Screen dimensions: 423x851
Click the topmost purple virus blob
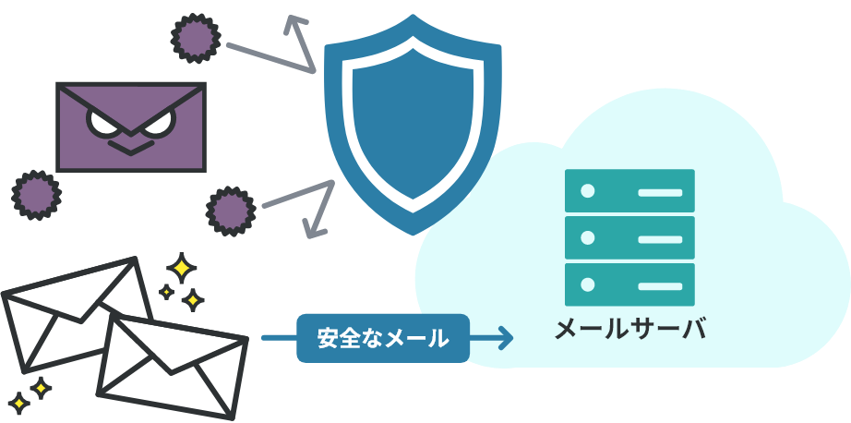point(196,39)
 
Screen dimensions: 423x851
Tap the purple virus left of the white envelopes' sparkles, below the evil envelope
point(36,194)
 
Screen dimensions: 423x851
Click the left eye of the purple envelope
point(101,121)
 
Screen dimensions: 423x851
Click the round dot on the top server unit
point(585,192)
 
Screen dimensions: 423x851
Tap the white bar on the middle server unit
point(659,238)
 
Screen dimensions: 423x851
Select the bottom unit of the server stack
point(629,284)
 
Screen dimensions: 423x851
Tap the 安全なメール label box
point(382,339)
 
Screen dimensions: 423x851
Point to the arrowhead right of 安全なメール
point(505,339)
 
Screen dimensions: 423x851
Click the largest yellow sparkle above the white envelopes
point(182,269)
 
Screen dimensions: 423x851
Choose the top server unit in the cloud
point(629,192)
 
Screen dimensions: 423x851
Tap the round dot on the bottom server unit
point(585,284)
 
